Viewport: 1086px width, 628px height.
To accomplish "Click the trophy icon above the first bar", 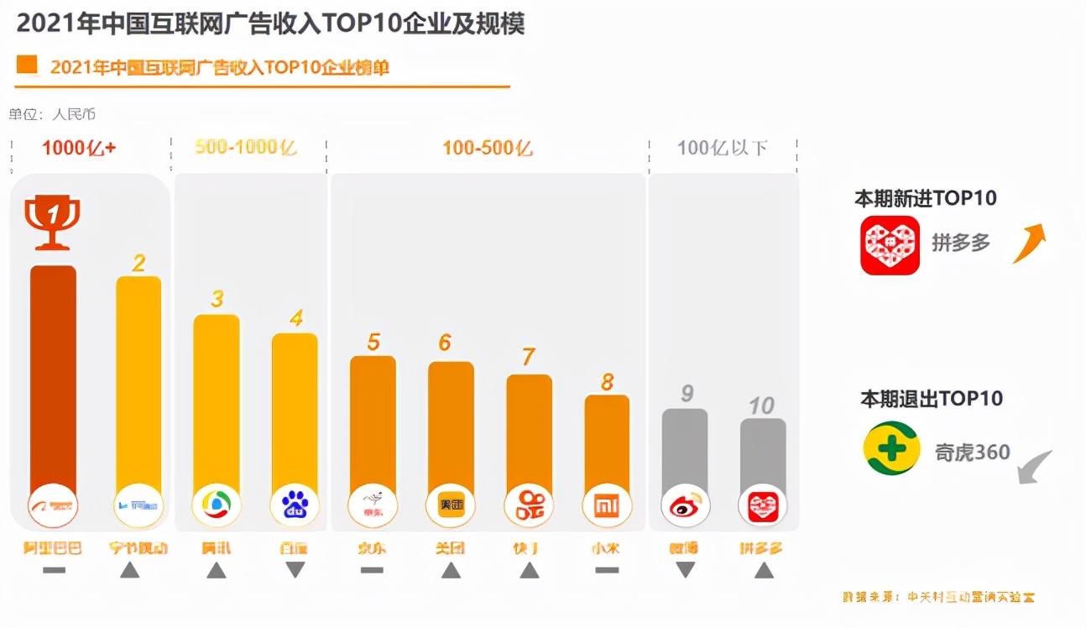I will point(53,222).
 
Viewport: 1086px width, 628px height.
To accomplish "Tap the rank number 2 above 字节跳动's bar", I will point(138,264).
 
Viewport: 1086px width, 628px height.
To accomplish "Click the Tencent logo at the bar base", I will point(217,505).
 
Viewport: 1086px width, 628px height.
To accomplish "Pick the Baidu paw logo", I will point(295,505).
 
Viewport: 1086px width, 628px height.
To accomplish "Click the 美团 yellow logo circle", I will point(451,505).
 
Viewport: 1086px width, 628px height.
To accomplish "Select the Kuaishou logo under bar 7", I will point(529,505).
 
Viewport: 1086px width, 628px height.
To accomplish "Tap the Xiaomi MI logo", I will point(606,505).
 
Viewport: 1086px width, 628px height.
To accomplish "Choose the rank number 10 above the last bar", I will point(761,406).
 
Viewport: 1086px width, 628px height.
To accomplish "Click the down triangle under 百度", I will point(295,570).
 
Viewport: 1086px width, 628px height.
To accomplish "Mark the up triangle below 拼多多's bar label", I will point(763,570).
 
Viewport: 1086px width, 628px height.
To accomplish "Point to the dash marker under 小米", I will point(606,570).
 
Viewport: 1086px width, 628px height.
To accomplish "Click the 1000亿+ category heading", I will point(79,149).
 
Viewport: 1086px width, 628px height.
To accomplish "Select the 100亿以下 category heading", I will point(722,149).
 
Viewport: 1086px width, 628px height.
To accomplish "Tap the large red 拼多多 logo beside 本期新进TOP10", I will point(890,244).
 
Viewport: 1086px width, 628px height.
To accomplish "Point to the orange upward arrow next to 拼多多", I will point(1030,243).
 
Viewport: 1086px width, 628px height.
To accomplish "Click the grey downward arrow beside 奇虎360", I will point(1035,467).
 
